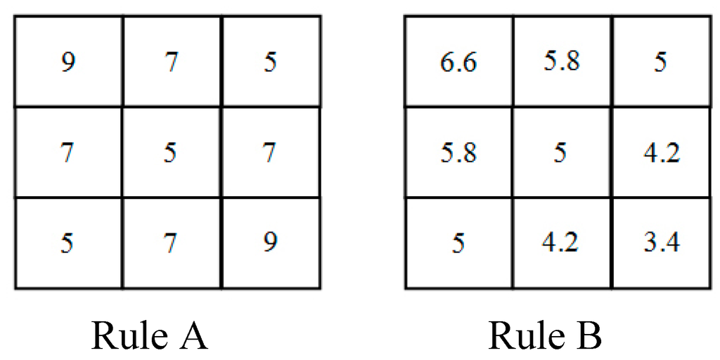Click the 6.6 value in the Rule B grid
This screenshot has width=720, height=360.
coord(459,63)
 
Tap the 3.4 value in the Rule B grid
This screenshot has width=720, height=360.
coord(662,243)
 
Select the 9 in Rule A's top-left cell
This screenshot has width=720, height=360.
coord(68,63)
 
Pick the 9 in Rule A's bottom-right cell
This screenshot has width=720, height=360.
coord(270,243)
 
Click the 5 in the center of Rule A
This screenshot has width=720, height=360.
coord(169,153)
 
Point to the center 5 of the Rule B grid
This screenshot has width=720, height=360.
coord(560,153)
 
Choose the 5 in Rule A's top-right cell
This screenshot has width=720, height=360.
coord(270,63)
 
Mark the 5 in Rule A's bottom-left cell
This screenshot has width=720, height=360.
coord(68,243)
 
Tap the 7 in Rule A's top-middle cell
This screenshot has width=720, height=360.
coord(169,63)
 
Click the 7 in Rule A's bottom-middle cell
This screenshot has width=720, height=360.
coord(169,243)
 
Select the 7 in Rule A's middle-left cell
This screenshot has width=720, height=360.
coord(68,153)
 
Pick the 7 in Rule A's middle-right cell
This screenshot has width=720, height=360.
coord(270,153)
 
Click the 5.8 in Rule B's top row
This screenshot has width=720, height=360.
coord(560,63)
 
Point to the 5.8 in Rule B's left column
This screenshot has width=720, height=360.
coord(459,153)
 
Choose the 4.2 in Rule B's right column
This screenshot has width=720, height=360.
coord(662,153)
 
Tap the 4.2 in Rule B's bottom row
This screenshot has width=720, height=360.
coord(560,243)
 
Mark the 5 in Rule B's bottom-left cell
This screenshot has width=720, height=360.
coord(459,243)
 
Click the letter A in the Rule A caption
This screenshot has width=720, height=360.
coord(191,335)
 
